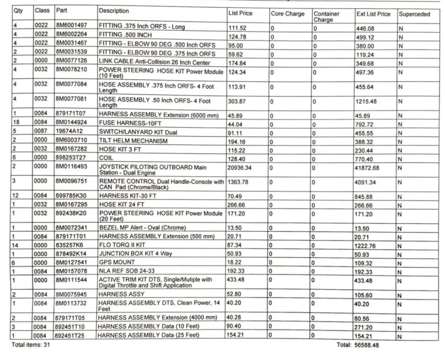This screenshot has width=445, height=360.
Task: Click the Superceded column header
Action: click(x=414, y=14)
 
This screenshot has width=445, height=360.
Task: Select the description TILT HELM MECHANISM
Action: click(x=133, y=141)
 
